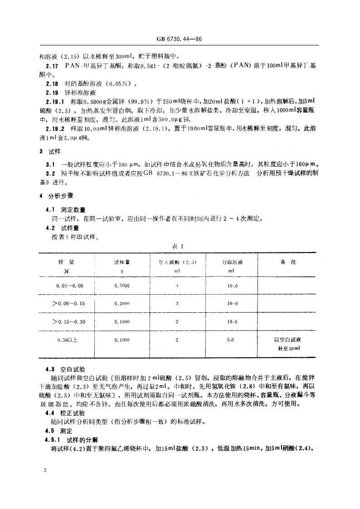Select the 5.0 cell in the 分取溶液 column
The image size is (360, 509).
coord(231,339)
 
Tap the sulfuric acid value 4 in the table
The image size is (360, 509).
coord(177,286)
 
